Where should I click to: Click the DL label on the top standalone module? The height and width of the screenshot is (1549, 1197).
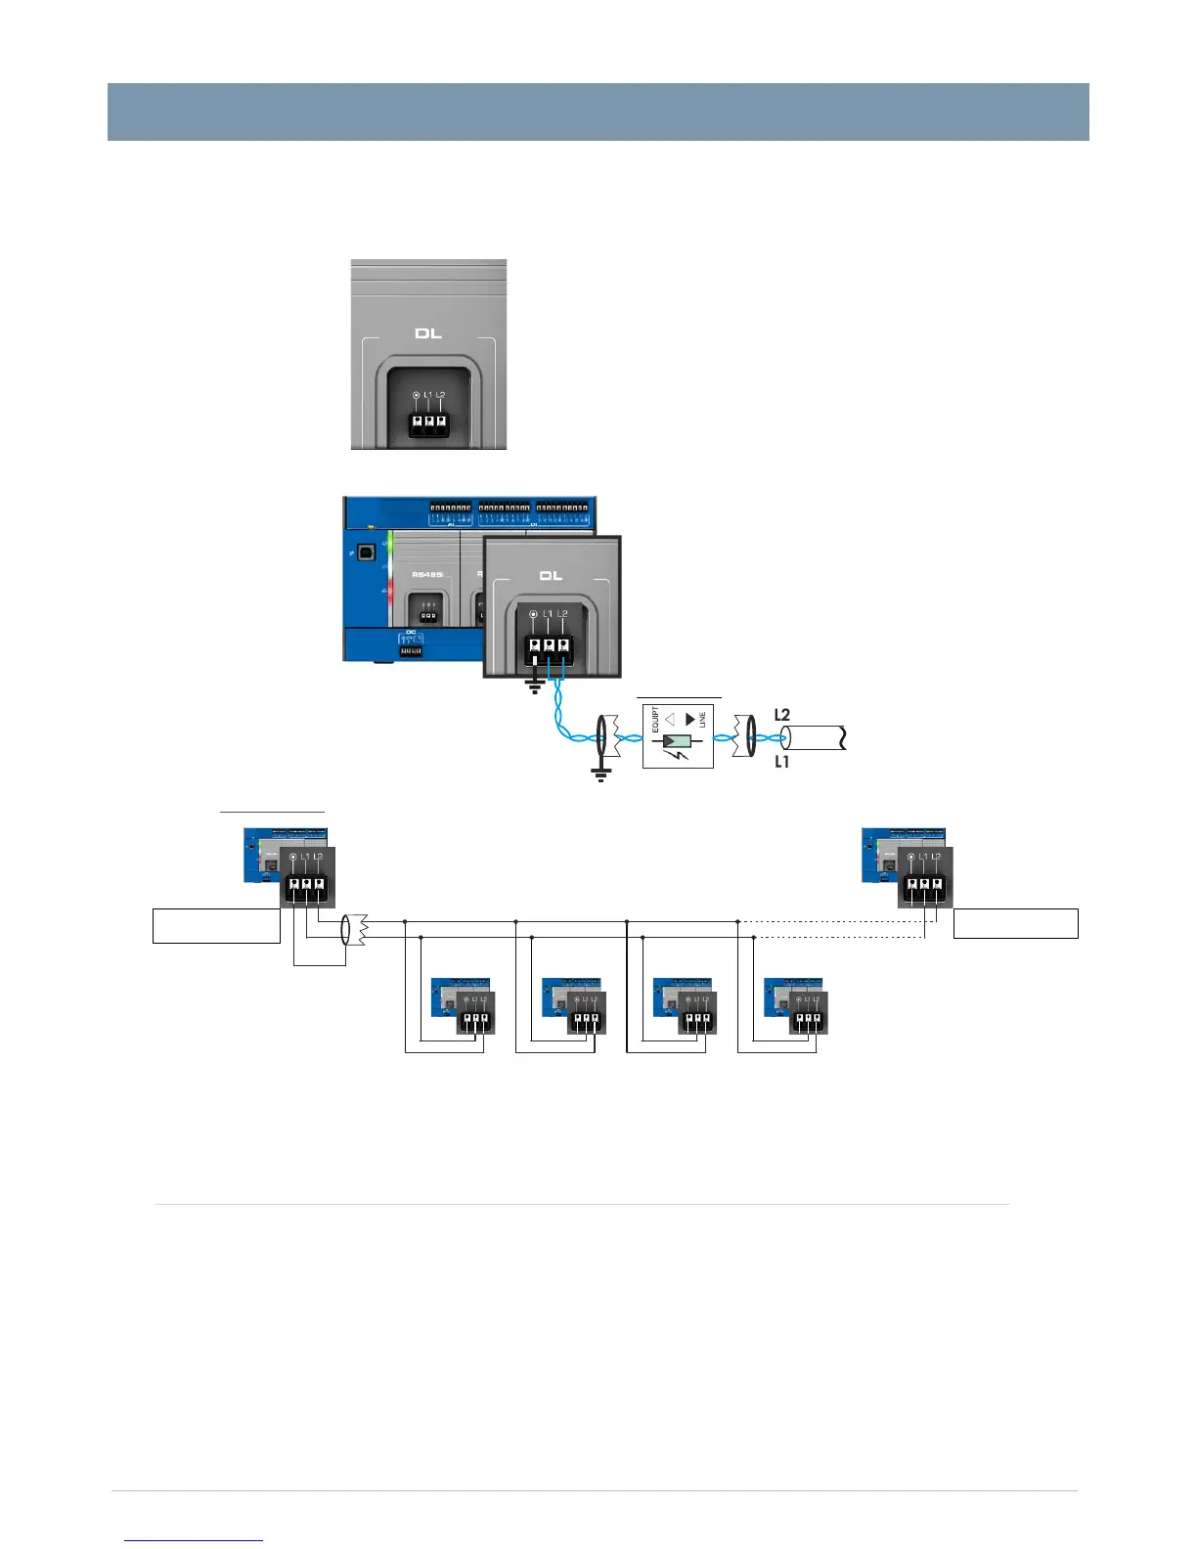[428, 333]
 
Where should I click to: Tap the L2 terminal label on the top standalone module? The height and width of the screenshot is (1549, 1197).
[441, 395]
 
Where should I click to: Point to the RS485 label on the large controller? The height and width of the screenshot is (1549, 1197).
[427, 574]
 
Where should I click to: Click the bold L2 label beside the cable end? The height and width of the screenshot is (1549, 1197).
[782, 715]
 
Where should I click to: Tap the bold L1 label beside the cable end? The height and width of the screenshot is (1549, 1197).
[782, 762]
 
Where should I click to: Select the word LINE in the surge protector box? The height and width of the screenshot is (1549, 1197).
[702, 721]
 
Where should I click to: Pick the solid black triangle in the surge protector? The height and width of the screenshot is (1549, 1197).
[690, 720]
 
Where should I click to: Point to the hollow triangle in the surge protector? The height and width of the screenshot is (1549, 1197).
[670, 720]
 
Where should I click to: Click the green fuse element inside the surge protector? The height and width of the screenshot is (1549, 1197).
[677, 742]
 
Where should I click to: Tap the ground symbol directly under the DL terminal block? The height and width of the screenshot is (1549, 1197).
[535, 685]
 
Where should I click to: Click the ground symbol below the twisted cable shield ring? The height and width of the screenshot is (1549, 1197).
[601, 774]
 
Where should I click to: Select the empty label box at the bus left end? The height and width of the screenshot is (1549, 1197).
[216, 925]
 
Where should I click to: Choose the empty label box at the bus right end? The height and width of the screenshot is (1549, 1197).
[1016, 924]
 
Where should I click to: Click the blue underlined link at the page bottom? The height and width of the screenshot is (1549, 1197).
[195, 1540]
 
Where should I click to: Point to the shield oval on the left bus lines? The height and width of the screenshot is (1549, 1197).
[346, 929]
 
